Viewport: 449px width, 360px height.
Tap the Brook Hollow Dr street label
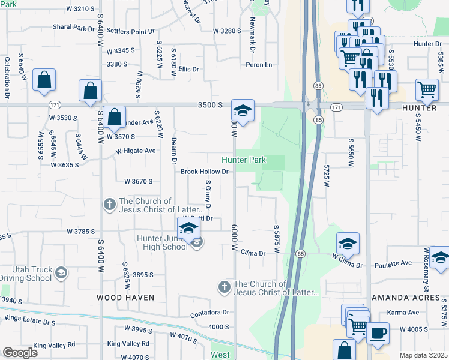[206, 172]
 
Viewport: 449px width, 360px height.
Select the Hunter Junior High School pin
[188, 228]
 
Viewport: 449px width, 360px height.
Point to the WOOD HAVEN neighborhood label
[126, 298]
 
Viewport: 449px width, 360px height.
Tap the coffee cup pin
[378, 334]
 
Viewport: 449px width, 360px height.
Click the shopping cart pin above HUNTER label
[426, 90]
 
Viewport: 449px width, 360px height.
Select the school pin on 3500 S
[243, 110]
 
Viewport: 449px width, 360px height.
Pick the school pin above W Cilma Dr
[348, 244]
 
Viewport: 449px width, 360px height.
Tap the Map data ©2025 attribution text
[423, 355]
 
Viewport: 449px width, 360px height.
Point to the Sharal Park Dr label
[74, 28]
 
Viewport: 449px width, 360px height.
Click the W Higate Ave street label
[136, 151]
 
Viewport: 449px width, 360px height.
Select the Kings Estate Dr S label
[28, 323]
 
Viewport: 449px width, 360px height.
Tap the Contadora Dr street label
[210, 313]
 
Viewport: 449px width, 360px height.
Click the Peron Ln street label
[259, 65]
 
